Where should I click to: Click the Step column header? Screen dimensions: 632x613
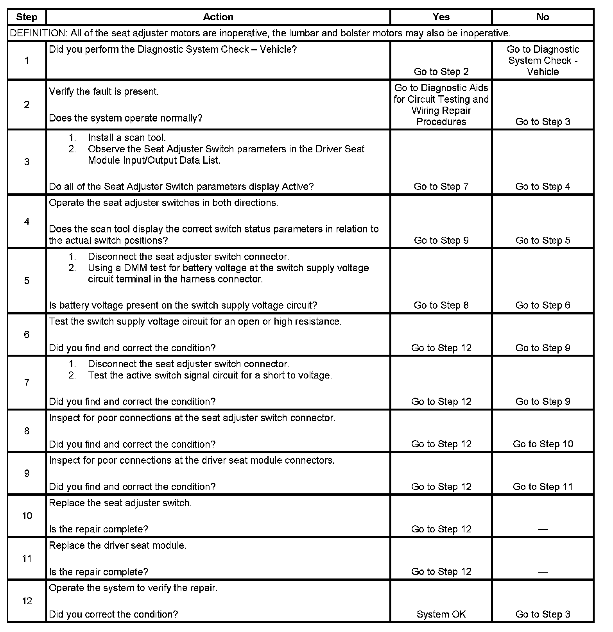tap(27, 17)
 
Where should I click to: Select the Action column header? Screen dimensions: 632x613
tap(218, 17)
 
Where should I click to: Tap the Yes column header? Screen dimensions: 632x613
tap(441, 17)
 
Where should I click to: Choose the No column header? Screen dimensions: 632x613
tap(543, 17)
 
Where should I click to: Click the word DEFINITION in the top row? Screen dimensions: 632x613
tap(38, 33)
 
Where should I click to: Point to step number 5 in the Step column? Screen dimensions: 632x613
tap(27, 280)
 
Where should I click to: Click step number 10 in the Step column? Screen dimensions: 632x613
tap(27, 516)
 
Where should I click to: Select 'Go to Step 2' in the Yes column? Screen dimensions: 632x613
tap(441, 71)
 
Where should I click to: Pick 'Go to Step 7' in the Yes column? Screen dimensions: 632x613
tap(441, 186)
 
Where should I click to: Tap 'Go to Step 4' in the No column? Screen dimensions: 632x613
tap(543, 186)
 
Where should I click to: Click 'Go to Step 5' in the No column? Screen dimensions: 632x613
tap(543, 240)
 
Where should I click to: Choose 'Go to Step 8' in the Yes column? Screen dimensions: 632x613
tap(441, 305)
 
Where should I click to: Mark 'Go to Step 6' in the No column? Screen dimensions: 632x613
tap(543, 305)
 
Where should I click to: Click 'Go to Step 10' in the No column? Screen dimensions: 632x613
tap(543, 444)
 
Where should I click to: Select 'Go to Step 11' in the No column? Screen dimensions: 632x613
tap(543, 486)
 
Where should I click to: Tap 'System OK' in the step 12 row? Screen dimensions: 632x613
tap(441, 614)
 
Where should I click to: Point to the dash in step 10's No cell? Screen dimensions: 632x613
tap(543, 530)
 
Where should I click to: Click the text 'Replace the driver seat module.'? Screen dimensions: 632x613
tap(118, 545)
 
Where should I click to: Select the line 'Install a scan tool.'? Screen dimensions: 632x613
tap(127, 137)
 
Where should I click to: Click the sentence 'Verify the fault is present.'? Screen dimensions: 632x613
tap(104, 92)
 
